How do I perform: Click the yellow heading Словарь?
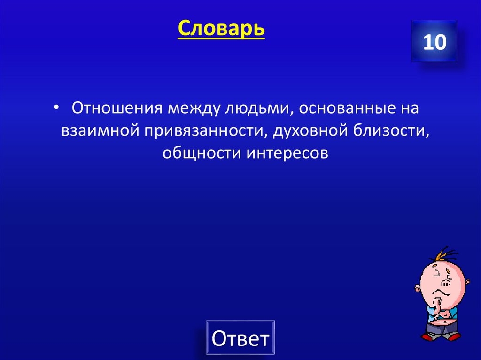[221, 30]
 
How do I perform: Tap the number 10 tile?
[434, 43]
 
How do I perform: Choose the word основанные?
[347, 108]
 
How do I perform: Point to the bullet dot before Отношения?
[56, 108]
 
